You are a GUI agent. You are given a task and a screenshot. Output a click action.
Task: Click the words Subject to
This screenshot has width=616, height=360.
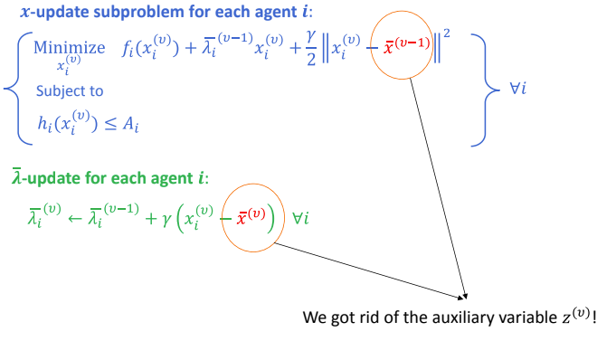70,90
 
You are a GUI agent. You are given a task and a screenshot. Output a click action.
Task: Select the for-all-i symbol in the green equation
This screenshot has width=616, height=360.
301,219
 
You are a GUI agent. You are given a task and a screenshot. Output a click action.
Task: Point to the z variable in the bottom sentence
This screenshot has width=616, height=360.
563,319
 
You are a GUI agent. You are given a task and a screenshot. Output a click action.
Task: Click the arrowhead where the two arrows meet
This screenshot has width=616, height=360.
465,295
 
